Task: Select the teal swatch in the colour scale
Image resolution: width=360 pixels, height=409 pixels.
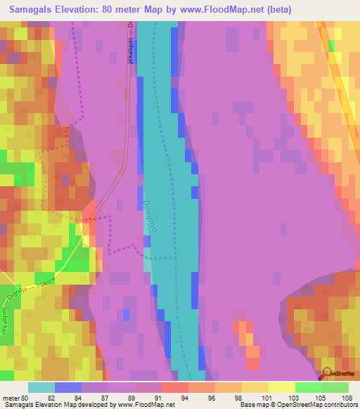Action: pos(41,387)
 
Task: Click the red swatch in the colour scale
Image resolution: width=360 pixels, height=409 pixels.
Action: pos(175,387)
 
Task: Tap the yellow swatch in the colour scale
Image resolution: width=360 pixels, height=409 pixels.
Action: pos(282,387)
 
